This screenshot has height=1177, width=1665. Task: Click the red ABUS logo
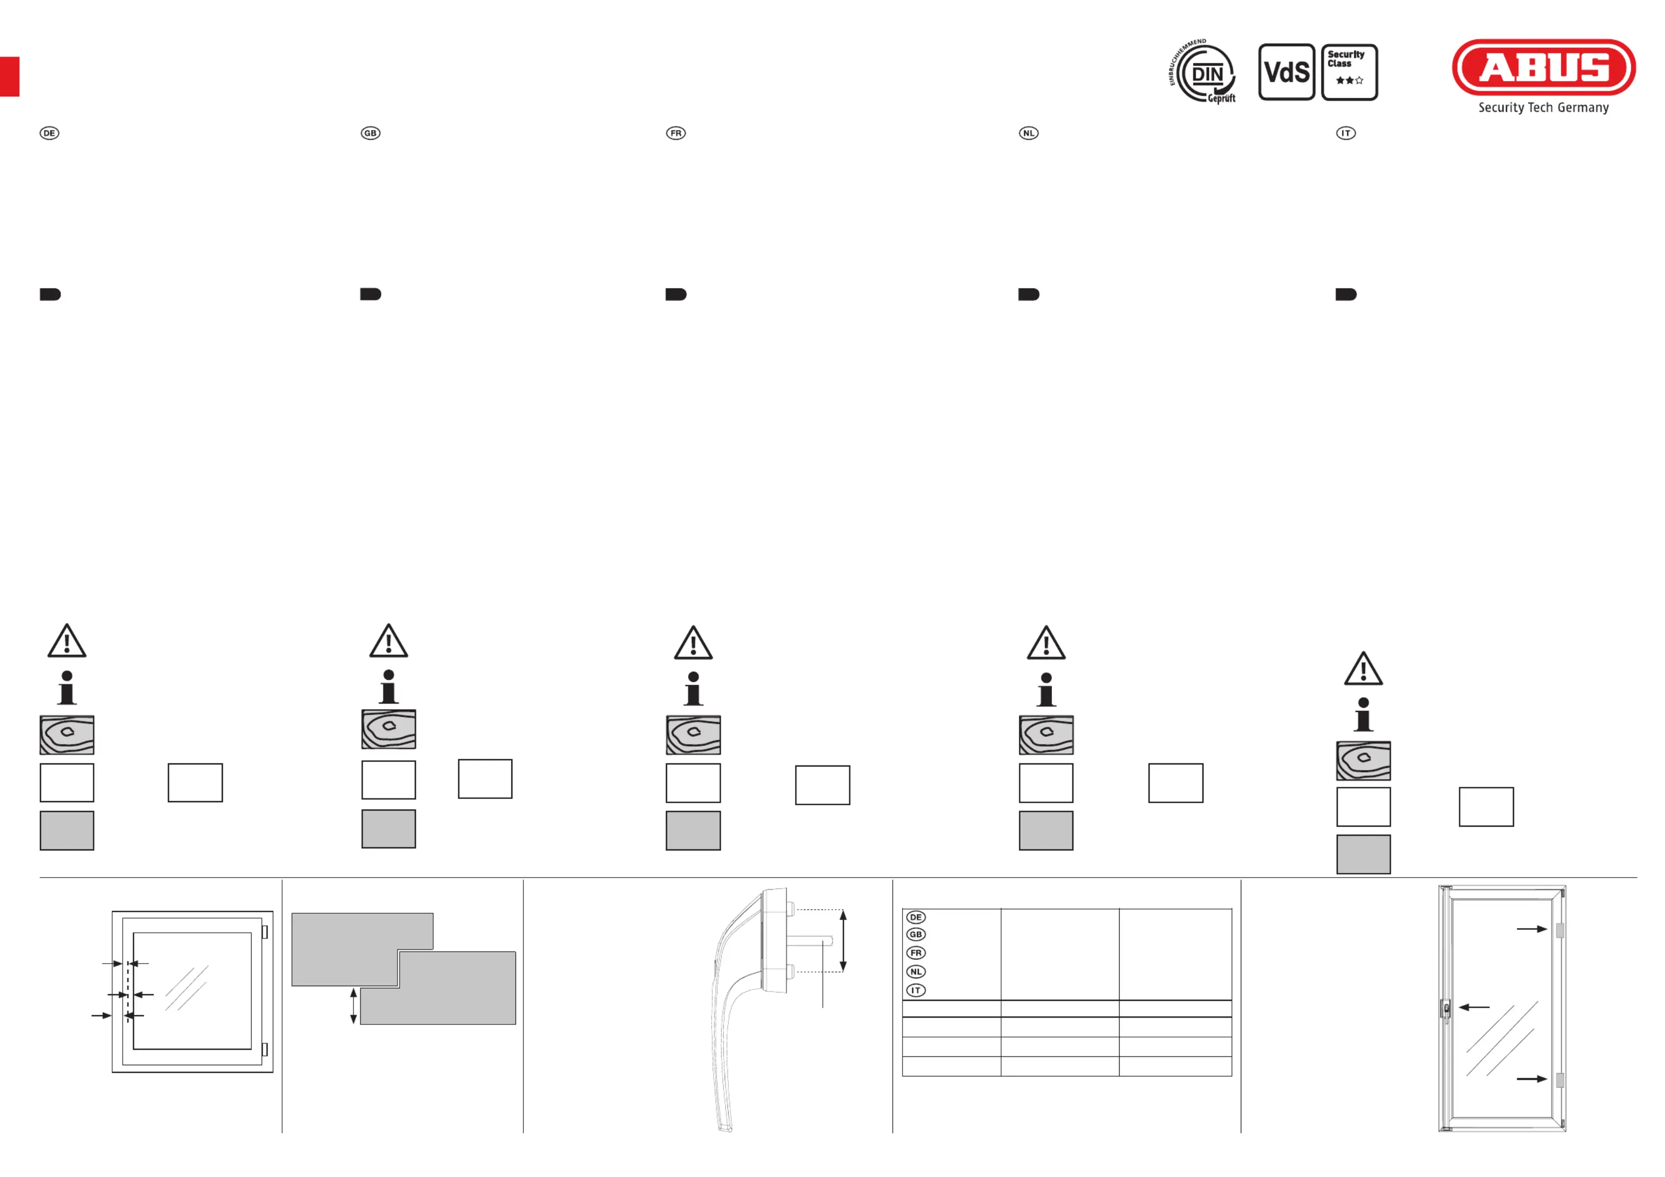point(1543,68)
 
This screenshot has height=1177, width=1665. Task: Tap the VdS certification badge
point(1286,72)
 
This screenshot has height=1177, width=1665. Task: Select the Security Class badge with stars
point(1349,72)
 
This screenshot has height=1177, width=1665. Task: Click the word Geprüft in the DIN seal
point(1222,98)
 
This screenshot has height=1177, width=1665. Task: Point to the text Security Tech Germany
point(1543,107)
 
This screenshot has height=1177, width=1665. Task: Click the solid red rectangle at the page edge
point(9,76)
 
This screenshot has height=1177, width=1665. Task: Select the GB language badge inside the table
point(916,934)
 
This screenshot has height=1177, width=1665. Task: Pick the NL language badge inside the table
point(916,972)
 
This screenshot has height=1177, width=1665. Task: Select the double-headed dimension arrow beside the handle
point(843,941)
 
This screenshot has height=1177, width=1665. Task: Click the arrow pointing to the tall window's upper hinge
point(1532,929)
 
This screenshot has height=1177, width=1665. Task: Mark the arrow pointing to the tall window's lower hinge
point(1532,1079)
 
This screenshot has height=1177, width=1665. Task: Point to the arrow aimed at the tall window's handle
point(1474,1007)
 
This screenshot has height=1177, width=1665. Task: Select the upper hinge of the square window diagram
point(265,932)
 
